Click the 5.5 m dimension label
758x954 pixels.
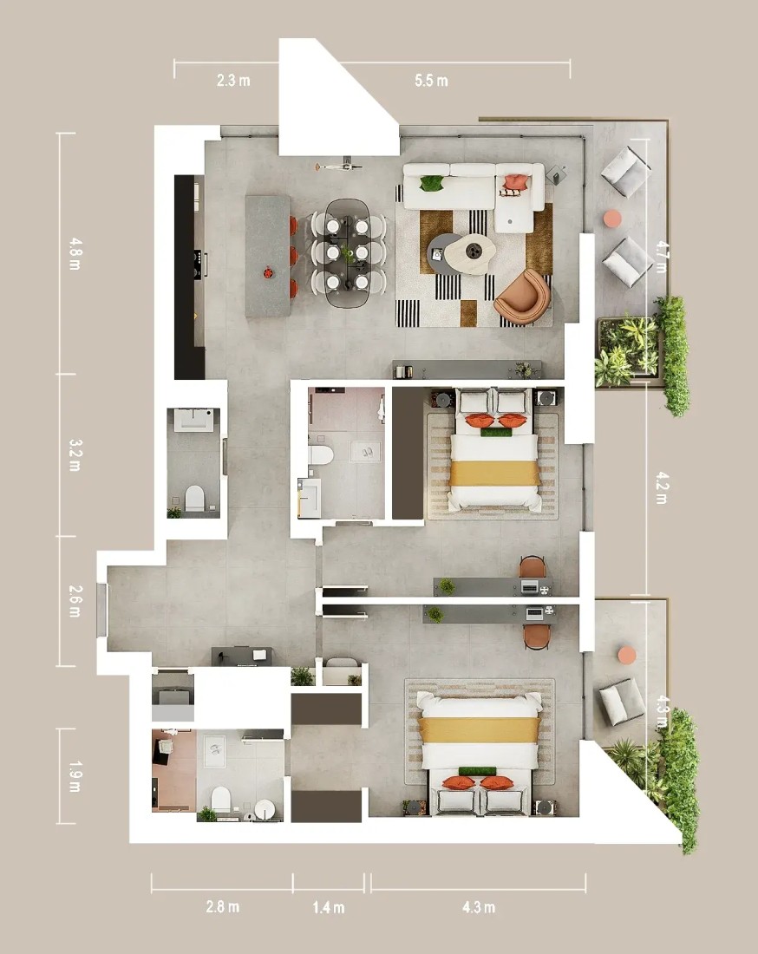pos(431,81)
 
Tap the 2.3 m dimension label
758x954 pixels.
pos(233,81)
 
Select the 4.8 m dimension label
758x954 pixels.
pos(75,254)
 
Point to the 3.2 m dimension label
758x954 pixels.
pos(75,455)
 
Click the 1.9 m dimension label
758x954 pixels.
pos(75,776)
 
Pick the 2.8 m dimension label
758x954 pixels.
pos(223,906)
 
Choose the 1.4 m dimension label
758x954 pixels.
pos(329,908)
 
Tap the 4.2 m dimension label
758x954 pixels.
pos(661,488)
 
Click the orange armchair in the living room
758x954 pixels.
pos(523,296)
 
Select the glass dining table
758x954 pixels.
pos(348,254)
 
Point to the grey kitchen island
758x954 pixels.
pos(268,256)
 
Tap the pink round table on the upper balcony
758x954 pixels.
pos(612,219)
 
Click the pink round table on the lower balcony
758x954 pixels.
pos(626,655)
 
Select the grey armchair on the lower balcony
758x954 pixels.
pos(623,701)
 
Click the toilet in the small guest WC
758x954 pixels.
pos(194,497)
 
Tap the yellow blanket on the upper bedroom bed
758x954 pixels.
pos(494,473)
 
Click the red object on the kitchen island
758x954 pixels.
pos(268,272)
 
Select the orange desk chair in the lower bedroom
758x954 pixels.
pos(537,637)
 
